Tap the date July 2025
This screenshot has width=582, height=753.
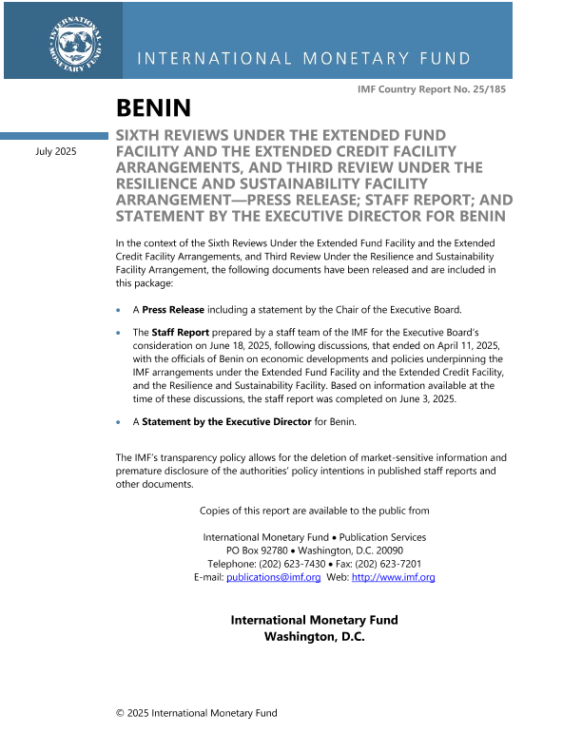[56, 152]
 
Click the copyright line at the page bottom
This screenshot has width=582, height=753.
[196, 713]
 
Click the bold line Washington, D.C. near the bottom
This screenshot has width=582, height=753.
[314, 636]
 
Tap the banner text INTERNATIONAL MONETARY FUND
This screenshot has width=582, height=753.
[304, 59]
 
